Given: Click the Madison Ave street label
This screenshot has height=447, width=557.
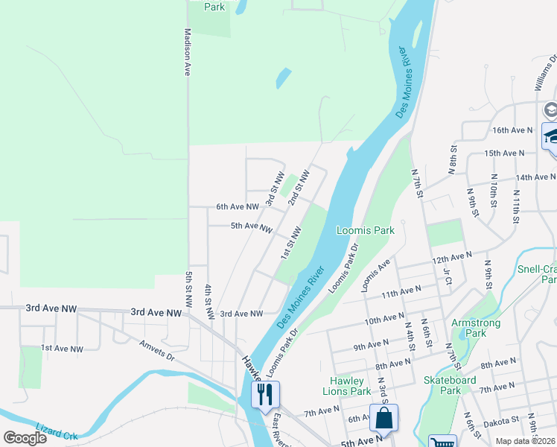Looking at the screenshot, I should pos(188,51).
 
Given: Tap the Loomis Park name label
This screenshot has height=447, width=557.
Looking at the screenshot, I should pos(365,230).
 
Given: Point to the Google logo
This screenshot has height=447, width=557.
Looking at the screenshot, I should pos(25,437).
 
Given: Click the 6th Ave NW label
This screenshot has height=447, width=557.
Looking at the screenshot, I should pos(237,206).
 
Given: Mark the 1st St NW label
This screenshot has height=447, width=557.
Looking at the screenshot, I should pos(290,244).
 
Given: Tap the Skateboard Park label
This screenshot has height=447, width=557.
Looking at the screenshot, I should pos(450,384).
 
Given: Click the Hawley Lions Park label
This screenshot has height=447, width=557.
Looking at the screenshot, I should pos(346,386).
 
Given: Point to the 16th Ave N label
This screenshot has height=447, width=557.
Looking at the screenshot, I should pos(513,130).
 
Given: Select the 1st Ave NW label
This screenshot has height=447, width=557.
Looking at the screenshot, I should pos(62,348).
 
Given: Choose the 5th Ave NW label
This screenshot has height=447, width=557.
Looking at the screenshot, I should pos(251,226).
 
